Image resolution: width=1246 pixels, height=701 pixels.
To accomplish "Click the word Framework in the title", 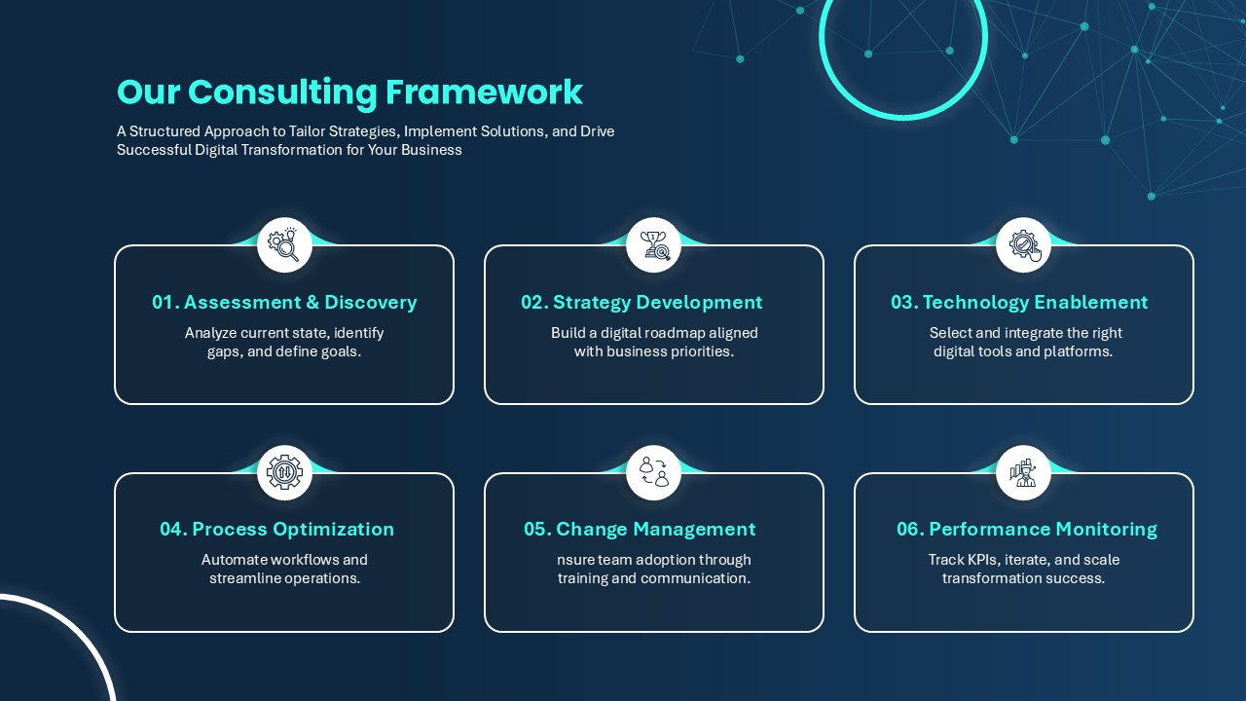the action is pos(484,92).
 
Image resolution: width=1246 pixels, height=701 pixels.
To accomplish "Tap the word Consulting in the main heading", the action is pos(282,92).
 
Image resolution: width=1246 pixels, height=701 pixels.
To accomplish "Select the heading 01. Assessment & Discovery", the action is pos(284,302).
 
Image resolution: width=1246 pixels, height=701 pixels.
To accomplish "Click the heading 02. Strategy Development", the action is pos(641,302).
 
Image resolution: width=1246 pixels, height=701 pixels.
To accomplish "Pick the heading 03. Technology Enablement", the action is pos(1019,302).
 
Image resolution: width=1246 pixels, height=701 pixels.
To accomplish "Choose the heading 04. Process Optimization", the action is pos(277,529).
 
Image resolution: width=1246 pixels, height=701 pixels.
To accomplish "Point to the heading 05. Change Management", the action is pos(640,529).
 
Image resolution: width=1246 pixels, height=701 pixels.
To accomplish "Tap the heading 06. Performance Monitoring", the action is pos(1027,529).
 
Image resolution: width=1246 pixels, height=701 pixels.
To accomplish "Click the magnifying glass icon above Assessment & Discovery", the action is pos(284,244).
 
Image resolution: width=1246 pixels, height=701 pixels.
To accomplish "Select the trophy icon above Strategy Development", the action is pos(654,245).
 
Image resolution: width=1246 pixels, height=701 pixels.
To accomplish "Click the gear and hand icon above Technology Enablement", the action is pos(1024,245).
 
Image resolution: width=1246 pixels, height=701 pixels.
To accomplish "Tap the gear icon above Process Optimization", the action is pos(284,472).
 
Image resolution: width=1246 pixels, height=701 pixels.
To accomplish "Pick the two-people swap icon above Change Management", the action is pos(654,472).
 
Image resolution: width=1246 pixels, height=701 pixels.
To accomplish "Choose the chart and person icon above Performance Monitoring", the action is pos(1023,472).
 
